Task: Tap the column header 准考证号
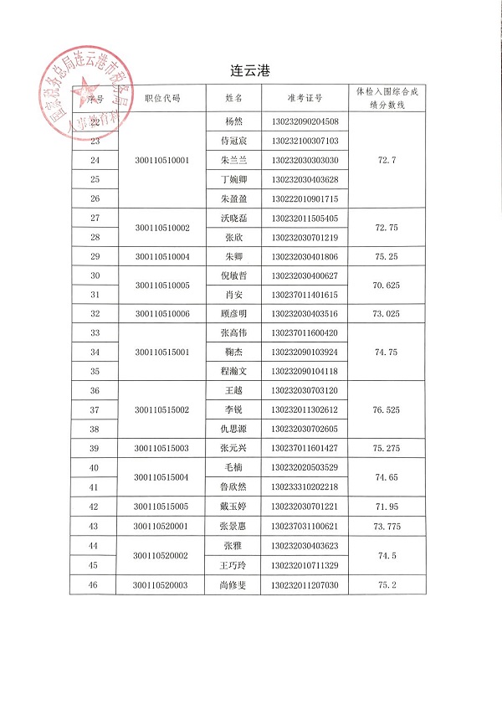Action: click(305, 97)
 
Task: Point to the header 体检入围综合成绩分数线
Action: click(387, 97)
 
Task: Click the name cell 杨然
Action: click(233, 121)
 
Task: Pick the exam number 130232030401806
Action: click(305, 256)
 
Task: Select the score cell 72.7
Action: click(387, 159)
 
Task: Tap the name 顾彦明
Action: click(233, 314)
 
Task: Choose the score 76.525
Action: click(387, 410)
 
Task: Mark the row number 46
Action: click(94, 585)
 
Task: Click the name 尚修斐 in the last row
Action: click(233, 585)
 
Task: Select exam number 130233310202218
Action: click(305, 487)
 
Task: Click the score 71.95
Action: click(387, 507)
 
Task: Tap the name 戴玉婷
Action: click(233, 507)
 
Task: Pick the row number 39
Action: click(94, 449)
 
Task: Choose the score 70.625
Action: click(387, 286)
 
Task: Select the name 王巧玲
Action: click(233, 566)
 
